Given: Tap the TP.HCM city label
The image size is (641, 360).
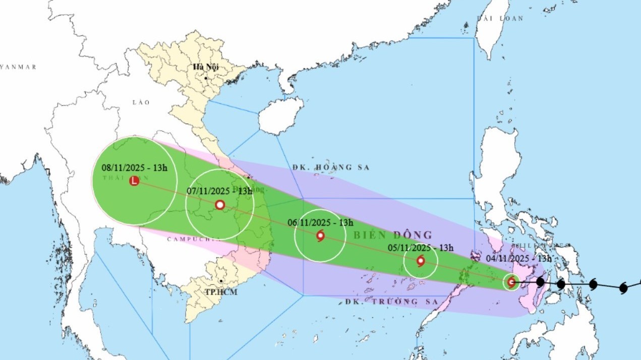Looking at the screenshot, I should click(x=222, y=292).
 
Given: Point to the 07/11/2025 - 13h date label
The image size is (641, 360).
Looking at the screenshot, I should click(x=219, y=191).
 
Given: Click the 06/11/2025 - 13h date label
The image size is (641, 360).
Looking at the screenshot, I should click(x=321, y=222).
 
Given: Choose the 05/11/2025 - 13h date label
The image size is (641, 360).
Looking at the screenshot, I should click(x=421, y=248).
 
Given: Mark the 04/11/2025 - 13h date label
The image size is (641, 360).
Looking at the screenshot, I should click(x=518, y=259).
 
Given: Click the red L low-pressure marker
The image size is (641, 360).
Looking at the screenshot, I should click(x=134, y=181).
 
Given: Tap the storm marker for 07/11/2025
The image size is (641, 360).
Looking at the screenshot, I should click(x=220, y=205).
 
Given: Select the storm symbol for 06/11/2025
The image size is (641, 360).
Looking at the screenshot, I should click(x=320, y=235).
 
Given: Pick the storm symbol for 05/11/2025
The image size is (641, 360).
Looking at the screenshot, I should click(x=421, y=261).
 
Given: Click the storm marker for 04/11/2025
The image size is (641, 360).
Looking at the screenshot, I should click(x=511, y=282).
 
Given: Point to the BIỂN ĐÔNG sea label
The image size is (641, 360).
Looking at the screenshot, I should click(x=393, y=235).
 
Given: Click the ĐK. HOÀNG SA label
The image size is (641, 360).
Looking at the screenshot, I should click(x=331, y=167).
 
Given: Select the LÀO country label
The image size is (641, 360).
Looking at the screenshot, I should click(x=141, y=102).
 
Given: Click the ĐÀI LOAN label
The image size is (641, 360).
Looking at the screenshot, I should click(x=500, y=18).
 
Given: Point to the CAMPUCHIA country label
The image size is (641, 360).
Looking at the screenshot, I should click(x=194, y=239).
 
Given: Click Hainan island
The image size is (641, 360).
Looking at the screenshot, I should click(x=280, y=116).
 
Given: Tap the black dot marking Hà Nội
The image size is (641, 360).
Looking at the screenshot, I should click(x=206, y=78).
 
